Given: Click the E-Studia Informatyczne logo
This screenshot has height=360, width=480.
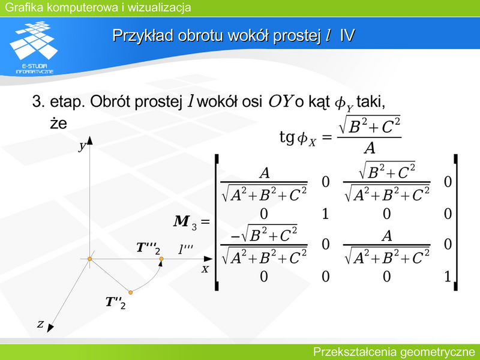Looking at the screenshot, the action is [34, 47].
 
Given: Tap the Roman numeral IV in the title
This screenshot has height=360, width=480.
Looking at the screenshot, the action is [347, 35].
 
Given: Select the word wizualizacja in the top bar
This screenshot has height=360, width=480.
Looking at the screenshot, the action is [159, 7].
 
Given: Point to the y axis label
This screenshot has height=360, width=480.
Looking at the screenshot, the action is [82, 146].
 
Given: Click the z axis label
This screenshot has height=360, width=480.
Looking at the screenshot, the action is [40, 323].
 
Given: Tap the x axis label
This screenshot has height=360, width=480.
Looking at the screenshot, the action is [205, 269].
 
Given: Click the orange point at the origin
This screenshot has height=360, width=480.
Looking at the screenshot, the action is [89, 259].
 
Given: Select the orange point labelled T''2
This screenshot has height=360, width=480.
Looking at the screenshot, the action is [130, 292].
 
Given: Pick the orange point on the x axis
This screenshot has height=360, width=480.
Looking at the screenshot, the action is [161, 259].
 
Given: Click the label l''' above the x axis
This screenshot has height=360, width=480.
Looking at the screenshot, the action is [185, 249].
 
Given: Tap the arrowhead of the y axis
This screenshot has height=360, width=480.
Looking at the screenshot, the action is [89, 140].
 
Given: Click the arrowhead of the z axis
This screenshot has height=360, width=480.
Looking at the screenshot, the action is [50, 328].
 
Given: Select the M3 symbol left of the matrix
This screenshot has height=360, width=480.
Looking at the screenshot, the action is [185, 222].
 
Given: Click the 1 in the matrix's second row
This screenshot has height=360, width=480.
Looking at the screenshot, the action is [325, 214].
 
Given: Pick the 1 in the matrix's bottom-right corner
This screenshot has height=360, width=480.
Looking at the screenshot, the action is [448, 277].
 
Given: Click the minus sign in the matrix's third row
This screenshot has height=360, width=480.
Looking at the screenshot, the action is [235, 237].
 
